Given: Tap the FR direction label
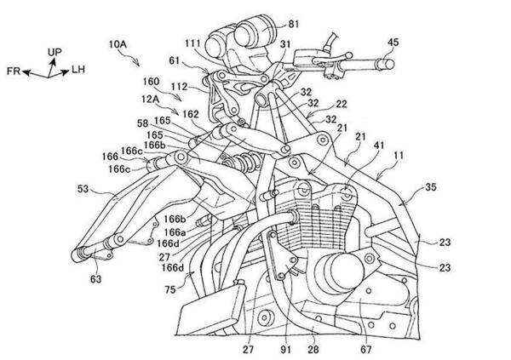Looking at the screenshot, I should tap(13, 73).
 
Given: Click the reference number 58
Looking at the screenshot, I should tap(143, 124).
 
